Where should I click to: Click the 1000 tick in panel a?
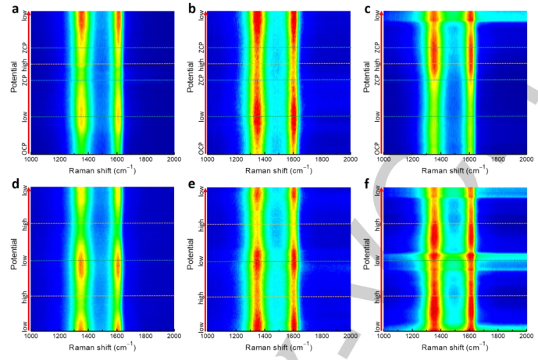coord(30,160)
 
